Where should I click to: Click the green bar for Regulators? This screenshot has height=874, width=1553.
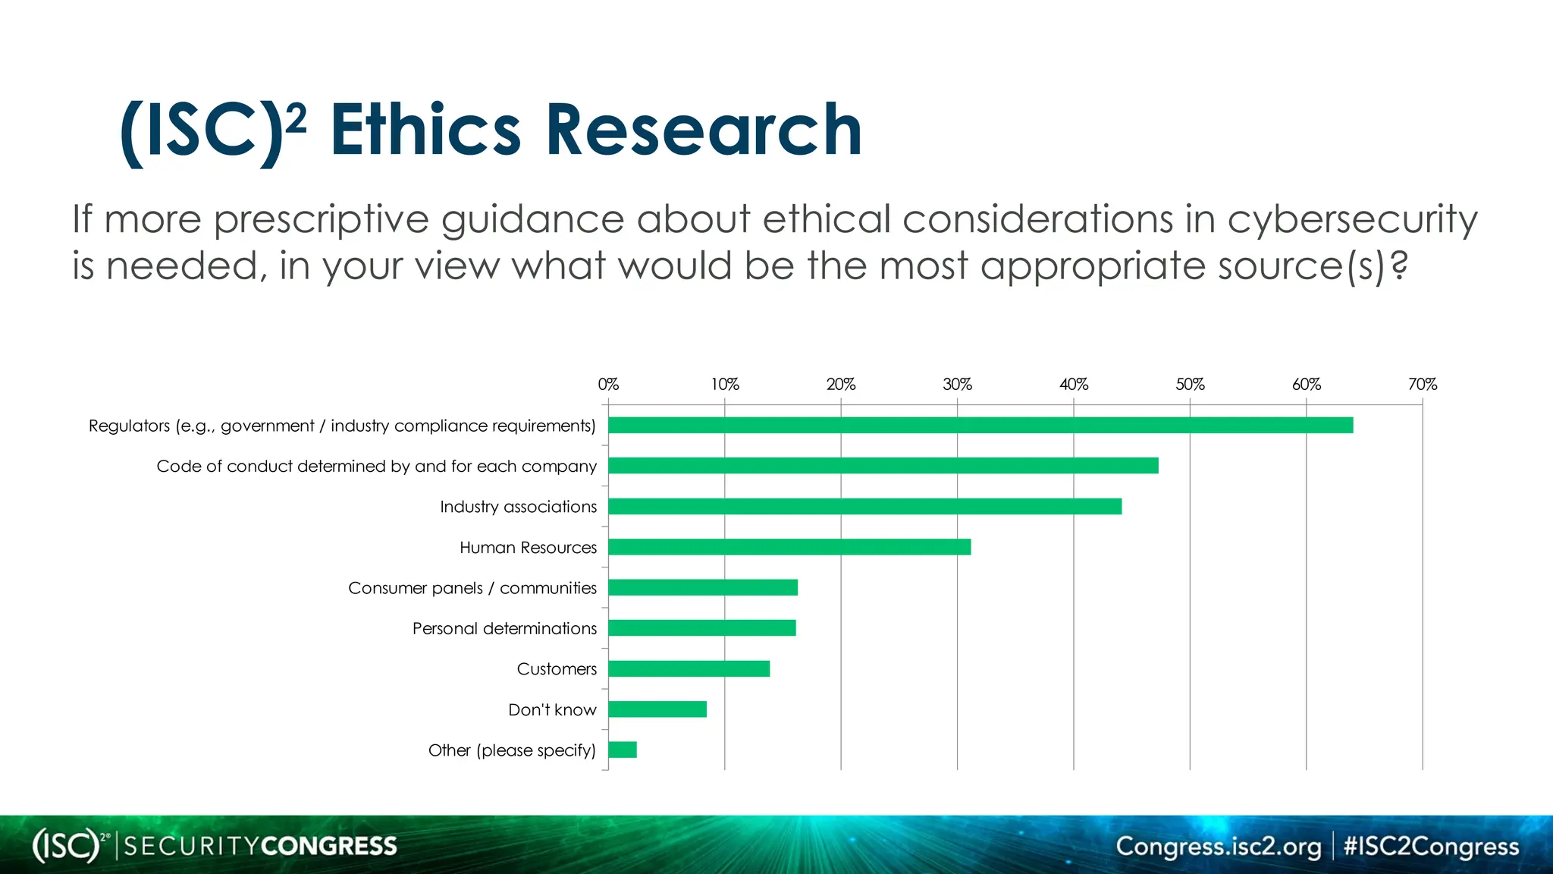tap(980, 425)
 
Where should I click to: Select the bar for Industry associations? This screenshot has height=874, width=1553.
tap(864, 506)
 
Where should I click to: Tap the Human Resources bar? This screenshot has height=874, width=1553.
tap(789, 547)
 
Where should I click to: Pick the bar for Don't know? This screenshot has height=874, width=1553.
tap(657, 709)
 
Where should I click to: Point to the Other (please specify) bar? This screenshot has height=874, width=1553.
tap(623, 750)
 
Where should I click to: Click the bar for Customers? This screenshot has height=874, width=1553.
tap(689, 668)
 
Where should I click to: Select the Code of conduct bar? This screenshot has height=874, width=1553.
tap(883, 466)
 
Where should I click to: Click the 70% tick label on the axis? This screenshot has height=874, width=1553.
tap(1423, 385)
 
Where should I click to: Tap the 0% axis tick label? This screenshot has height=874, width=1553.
tap(608, 385)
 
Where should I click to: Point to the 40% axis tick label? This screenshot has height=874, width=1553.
tap(1074, 385)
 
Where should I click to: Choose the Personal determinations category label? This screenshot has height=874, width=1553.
tap(504, 628)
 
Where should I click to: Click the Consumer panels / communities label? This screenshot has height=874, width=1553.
tap(472, 588)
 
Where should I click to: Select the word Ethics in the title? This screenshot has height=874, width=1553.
tap(425, 130)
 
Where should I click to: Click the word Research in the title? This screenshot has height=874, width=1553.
tap(703, 130)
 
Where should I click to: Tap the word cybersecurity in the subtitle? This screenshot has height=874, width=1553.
tap(1352, 220)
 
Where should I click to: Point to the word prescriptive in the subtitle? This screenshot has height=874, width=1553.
tap(322, 220)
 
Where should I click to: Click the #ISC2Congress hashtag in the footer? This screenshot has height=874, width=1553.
tap(1431, 846)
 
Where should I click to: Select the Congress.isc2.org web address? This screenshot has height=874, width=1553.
tap(1218, 846)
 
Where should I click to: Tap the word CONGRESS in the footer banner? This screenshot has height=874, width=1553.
tap(328, 846)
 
